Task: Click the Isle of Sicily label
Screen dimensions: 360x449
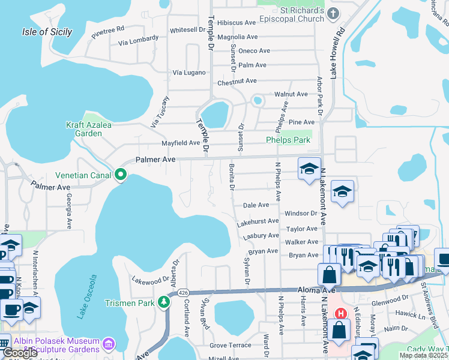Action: coord(47,32)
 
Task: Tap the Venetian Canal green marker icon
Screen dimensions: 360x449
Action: coord(121,175)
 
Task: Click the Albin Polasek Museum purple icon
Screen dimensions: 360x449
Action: coord(108,344)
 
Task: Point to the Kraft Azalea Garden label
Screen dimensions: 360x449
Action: coord(84,129)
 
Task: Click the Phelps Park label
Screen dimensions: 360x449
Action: coord(288,140)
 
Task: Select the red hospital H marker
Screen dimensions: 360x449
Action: coord(341,314)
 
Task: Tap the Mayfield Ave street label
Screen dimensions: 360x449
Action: coord(181,143)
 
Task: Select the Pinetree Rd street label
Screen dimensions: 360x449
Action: coord(108,32)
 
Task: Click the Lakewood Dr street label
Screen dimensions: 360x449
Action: coord(151,280)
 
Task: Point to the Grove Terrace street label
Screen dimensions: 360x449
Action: coord(231,346)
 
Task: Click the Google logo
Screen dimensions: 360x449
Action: coord(20,353)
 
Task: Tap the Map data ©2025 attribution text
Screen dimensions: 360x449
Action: coord(423,355)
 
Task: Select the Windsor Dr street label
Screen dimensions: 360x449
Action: coord(301,213)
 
